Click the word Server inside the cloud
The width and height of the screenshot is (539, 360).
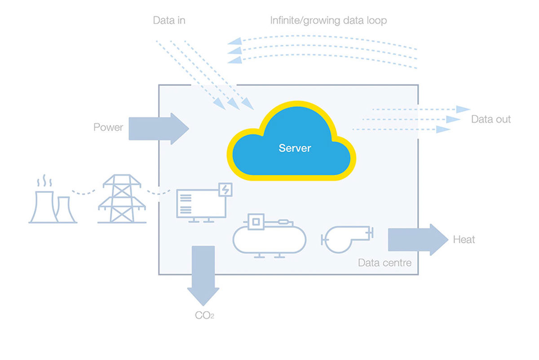[x=295, y=148]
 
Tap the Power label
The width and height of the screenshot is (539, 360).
[x=108, y=127]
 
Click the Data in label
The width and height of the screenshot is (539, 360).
[x=169, y=20]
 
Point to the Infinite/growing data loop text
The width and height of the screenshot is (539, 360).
[x=328, y=20]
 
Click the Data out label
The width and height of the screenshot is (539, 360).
[x=490, y=119]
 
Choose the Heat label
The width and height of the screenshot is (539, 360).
[x=464, y=240]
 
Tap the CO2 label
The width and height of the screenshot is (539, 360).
[x=204, y=316]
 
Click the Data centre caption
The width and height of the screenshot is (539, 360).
[x=384, y=263]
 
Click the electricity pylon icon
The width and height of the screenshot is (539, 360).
[x=122, y=200]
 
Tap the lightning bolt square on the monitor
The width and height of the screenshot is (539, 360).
[x=225, y=190]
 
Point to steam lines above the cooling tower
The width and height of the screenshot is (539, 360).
[x=44, y=182]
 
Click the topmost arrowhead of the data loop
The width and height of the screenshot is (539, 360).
[x=234, y=42]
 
